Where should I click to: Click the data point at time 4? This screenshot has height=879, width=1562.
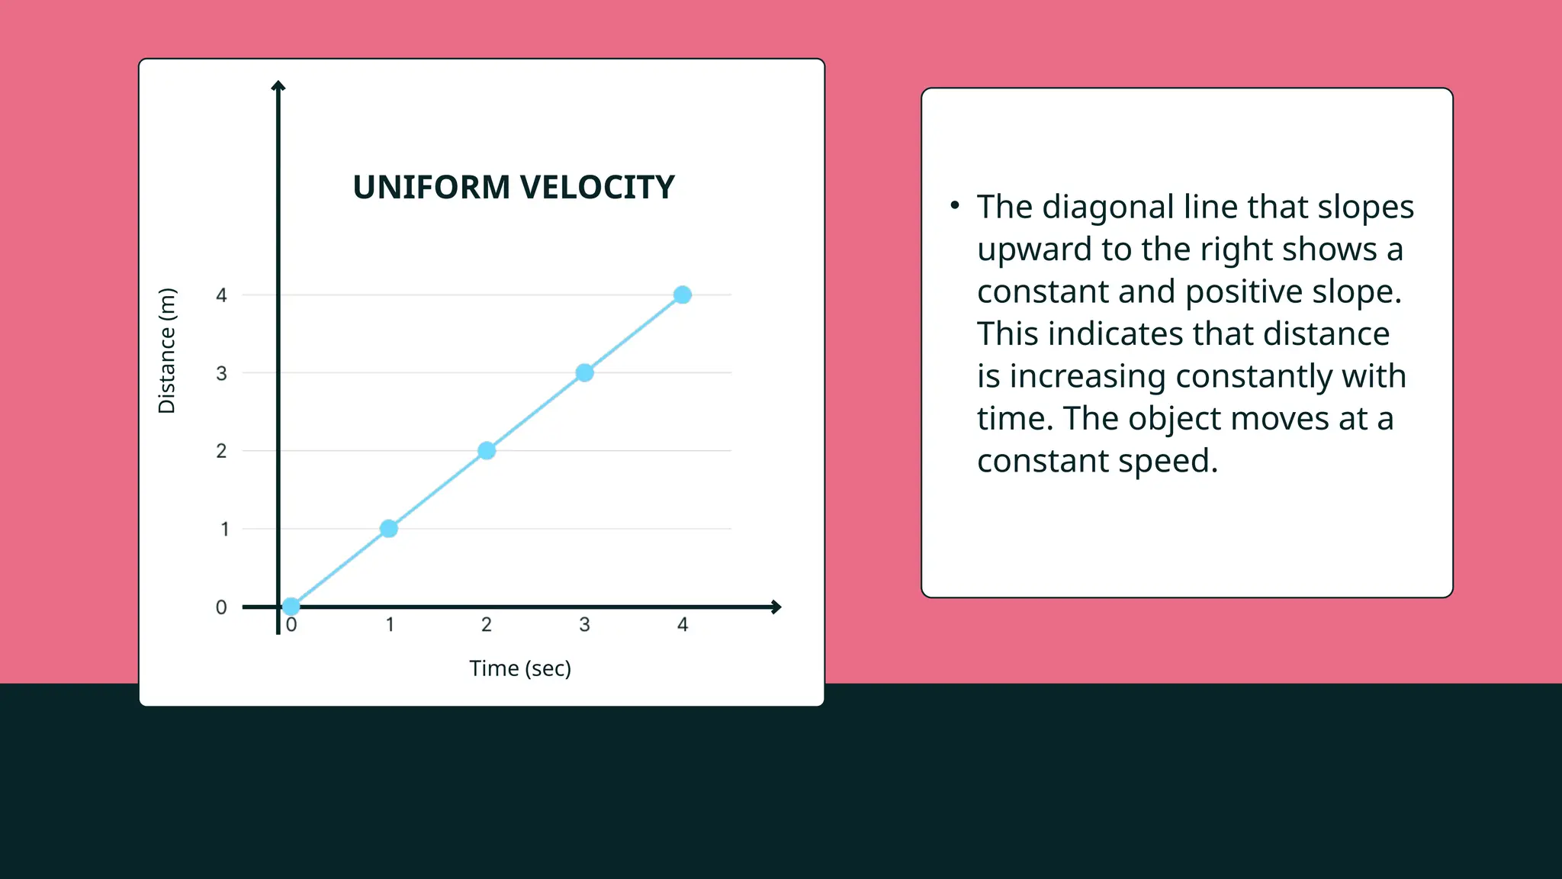tap(683, 295)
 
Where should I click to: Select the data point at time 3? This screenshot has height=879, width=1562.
tap(584, 372)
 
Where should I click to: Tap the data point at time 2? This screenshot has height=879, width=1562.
tap(487, 450)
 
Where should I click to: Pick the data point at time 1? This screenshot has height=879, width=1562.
tap(388, 528)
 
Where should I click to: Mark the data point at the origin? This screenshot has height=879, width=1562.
tap(291, 607)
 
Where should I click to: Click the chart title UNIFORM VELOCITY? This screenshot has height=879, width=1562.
tap(513, 188)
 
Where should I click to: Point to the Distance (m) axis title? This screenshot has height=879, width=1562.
tap(167, 351)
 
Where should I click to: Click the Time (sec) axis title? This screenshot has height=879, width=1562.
tap(520, 668)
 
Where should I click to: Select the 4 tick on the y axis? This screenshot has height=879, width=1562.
tap(221, 295)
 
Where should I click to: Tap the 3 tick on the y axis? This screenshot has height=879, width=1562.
tap(221, 373)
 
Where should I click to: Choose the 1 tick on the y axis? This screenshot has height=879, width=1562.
tap(224, 529)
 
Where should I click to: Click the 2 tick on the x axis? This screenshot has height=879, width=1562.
tap(487, 625)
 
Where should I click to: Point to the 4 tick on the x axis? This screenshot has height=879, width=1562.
tap(683, 625)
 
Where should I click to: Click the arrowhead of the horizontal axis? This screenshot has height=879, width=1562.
tap(776, 607)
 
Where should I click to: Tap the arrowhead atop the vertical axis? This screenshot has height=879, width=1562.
tap(278, 86)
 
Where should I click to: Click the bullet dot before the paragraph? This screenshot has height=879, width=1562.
tap(954, 204)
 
